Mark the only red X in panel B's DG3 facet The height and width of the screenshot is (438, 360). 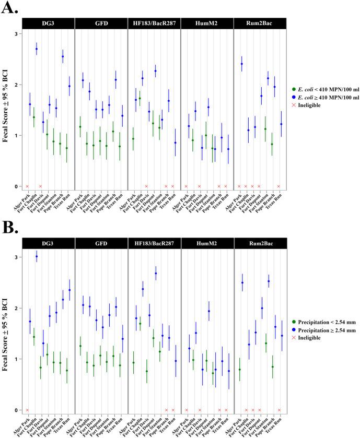click(27, 410)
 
